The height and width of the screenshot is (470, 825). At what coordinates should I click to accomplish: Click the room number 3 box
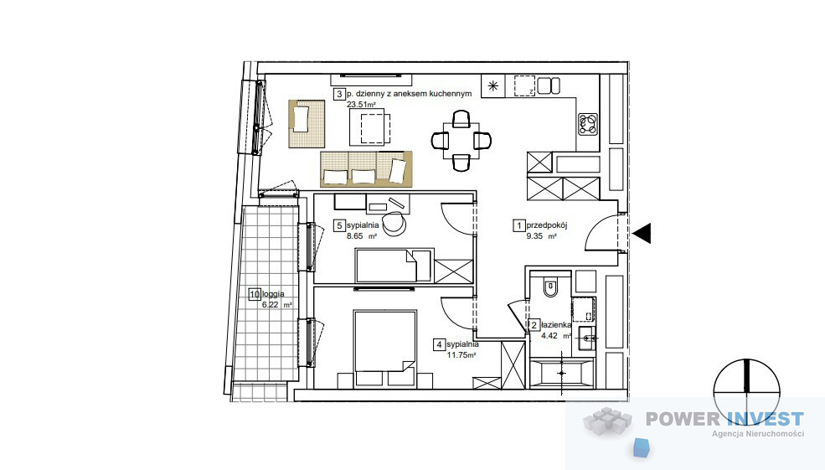(339, 94)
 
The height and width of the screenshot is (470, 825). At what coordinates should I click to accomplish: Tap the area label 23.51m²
(361, 104)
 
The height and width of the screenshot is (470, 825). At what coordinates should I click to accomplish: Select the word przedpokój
(547, 225)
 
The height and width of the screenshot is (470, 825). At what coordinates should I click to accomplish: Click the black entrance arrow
(642, 233)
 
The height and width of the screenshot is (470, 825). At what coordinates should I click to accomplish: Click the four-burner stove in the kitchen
(588, 124)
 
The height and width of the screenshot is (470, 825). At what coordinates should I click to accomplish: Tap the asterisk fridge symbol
(493, 85)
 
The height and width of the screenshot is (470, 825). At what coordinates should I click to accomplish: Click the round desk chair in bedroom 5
(394, 224)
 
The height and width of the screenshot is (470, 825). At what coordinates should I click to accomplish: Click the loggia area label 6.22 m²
(276, 304)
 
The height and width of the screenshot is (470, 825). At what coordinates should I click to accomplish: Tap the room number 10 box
(255, 294)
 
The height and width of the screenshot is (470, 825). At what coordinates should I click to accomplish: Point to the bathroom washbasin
(586, 338)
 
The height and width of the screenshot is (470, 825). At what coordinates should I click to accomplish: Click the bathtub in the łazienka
(561, 373)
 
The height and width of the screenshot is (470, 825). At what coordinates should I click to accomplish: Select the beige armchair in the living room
(307, 124)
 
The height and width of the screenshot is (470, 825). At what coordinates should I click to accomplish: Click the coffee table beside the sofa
(370, 127)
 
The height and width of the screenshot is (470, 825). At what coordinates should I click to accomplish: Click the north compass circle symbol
(746, 393)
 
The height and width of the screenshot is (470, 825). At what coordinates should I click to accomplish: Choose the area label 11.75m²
(461, 355)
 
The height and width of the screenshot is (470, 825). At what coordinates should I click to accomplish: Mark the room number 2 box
(534, 326)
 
